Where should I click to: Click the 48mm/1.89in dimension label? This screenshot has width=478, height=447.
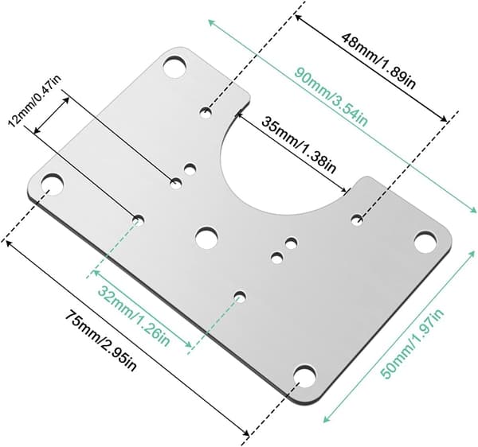click(x=378, y=60)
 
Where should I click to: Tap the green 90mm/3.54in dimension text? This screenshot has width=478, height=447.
click(x=331, y=97)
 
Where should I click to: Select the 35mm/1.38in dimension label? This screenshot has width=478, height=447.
click(x=299, y=145)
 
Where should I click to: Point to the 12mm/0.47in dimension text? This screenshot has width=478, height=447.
click(x=34, y=100)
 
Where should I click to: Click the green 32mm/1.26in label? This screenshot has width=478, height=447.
click(x=134, y=316)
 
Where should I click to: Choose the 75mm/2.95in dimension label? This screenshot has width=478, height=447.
click(x=101, y=340)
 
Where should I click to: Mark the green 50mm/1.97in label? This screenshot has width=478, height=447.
click(x=412, y=344)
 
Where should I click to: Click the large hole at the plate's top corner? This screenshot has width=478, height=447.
click(x=175, y=66)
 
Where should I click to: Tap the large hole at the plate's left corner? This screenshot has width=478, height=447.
click(x=52, y=185)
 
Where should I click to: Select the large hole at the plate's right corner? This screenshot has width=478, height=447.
click(x=425, y=242)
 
